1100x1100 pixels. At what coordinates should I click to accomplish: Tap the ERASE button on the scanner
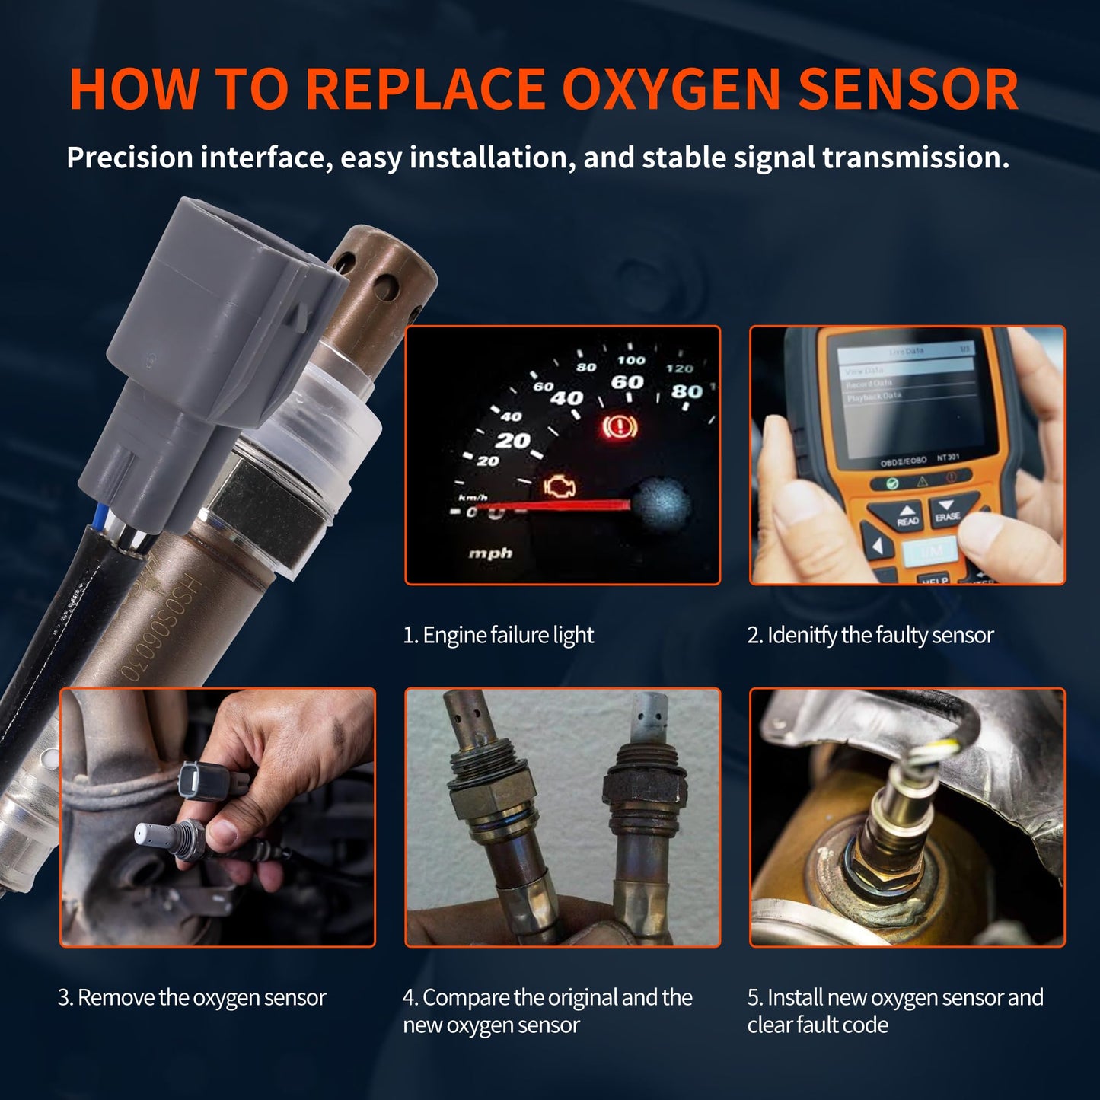coord(948,511)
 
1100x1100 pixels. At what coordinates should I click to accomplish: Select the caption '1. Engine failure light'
coord(498,635)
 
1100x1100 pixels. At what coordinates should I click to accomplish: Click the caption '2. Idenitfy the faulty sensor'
coord(870,635)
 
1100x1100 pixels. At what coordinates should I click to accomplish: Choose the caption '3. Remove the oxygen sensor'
coord(192,997)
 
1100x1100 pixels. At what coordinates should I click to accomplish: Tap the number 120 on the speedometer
coord(679,368)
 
